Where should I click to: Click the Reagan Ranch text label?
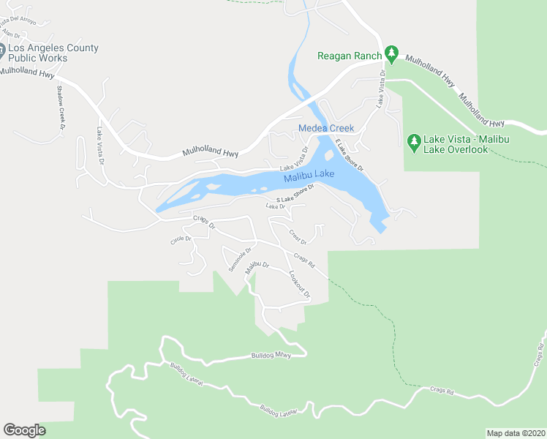point(350,56)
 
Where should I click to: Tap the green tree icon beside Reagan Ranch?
point(392,53)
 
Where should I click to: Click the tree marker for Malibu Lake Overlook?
point(414,140)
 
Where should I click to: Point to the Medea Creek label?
point(326,128)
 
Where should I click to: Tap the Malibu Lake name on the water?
point(309,176)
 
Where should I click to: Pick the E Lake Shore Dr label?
point(350,155)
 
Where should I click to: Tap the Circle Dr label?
point(180,239)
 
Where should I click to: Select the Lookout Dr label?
point(300,285)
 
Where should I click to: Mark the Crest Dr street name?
point(297,237)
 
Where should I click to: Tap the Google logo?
point(24,430)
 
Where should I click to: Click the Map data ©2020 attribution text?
point(516,433)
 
